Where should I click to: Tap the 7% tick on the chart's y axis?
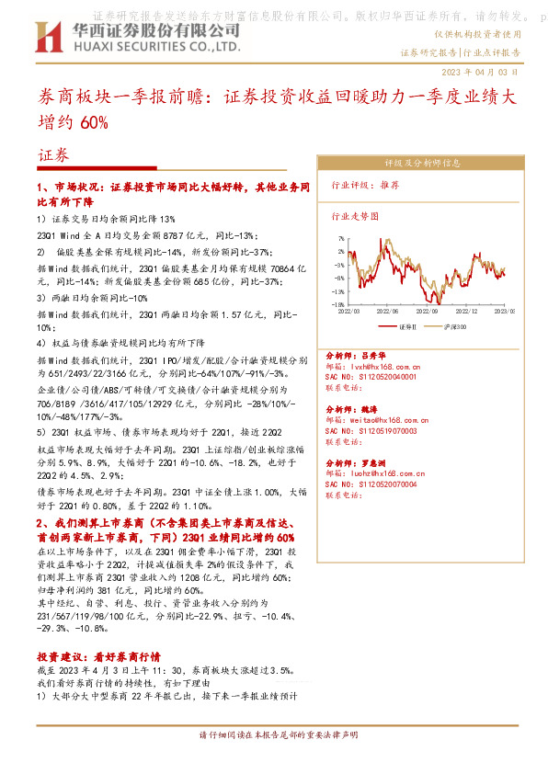(340, 237)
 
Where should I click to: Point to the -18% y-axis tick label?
(337, 303)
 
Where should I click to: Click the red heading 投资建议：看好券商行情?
(98, 632)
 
